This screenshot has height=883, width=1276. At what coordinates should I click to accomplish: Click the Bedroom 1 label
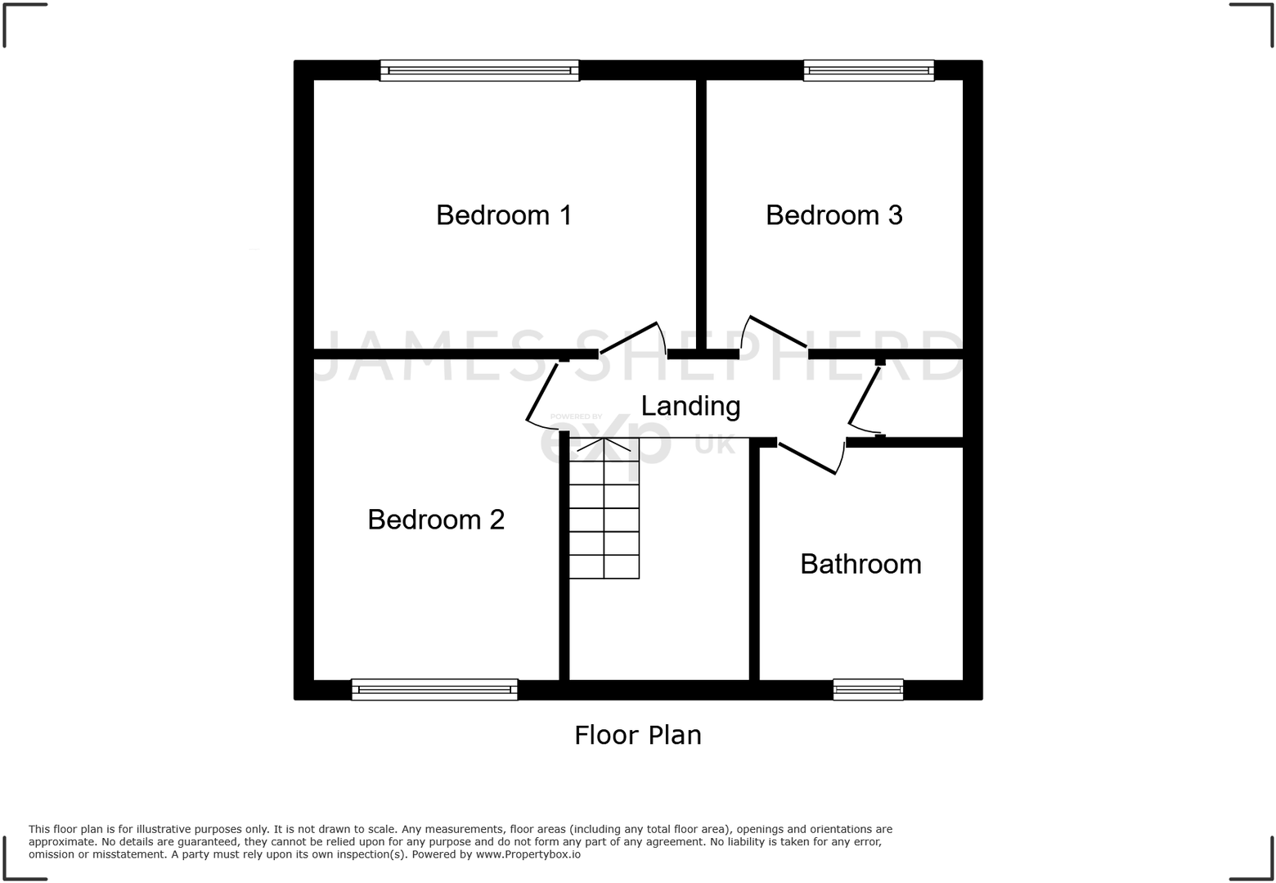click(503, 215)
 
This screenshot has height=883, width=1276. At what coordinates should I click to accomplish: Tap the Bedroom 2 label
click(436, 520)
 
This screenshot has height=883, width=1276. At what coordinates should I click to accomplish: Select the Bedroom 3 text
click(833, 215)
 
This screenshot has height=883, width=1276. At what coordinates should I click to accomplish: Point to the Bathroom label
click(860, 564)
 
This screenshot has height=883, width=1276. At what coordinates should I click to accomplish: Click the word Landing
click(690, 406)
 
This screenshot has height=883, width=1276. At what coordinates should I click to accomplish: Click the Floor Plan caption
click(637, 735)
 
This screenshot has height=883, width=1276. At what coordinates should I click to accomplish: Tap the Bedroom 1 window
click(479, 70)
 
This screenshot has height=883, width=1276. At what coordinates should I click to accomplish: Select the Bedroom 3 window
click(869, 70)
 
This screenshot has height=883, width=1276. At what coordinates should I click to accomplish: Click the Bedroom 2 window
click(434, 690)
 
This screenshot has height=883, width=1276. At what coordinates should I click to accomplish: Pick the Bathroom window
click(868, 690)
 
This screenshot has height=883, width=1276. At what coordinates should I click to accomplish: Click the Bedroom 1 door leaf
click(629, 338)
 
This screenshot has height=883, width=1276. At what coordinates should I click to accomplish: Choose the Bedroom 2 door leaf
click(542, 391)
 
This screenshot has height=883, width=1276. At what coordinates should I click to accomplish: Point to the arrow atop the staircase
click(604, 445)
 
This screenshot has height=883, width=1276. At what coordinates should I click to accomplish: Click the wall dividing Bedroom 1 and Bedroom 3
click(701, 213)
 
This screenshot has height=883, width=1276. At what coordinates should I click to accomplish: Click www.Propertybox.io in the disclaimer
click(528, 854)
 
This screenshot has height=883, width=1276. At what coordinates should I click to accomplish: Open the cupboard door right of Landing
click(865, 396)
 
